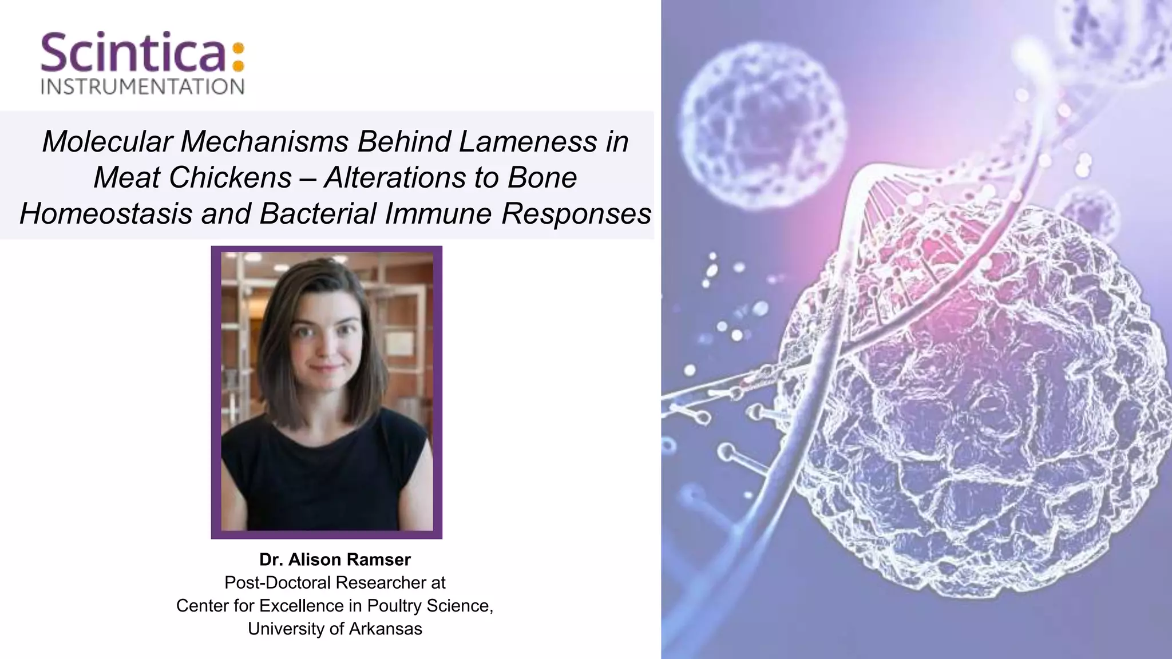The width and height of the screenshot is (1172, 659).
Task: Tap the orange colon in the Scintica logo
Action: (x=239, y=57)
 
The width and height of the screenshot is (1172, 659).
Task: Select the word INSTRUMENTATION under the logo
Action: (x=142, y=87)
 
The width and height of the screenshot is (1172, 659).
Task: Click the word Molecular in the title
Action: (x=107, y=141)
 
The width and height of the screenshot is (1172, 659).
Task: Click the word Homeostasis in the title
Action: (x=106, y=214)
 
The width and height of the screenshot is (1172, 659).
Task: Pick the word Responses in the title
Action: (x=576, y=214)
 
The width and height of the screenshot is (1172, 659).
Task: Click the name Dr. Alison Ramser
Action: (x=335, y=559)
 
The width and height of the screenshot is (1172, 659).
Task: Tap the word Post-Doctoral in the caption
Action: (x=278, y=582)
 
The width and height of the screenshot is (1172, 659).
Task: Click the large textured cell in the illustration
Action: (x=973, y=400)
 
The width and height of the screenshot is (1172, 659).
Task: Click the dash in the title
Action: (x=308, y=177)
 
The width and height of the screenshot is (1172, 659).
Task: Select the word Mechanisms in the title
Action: (x=264, y=141)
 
